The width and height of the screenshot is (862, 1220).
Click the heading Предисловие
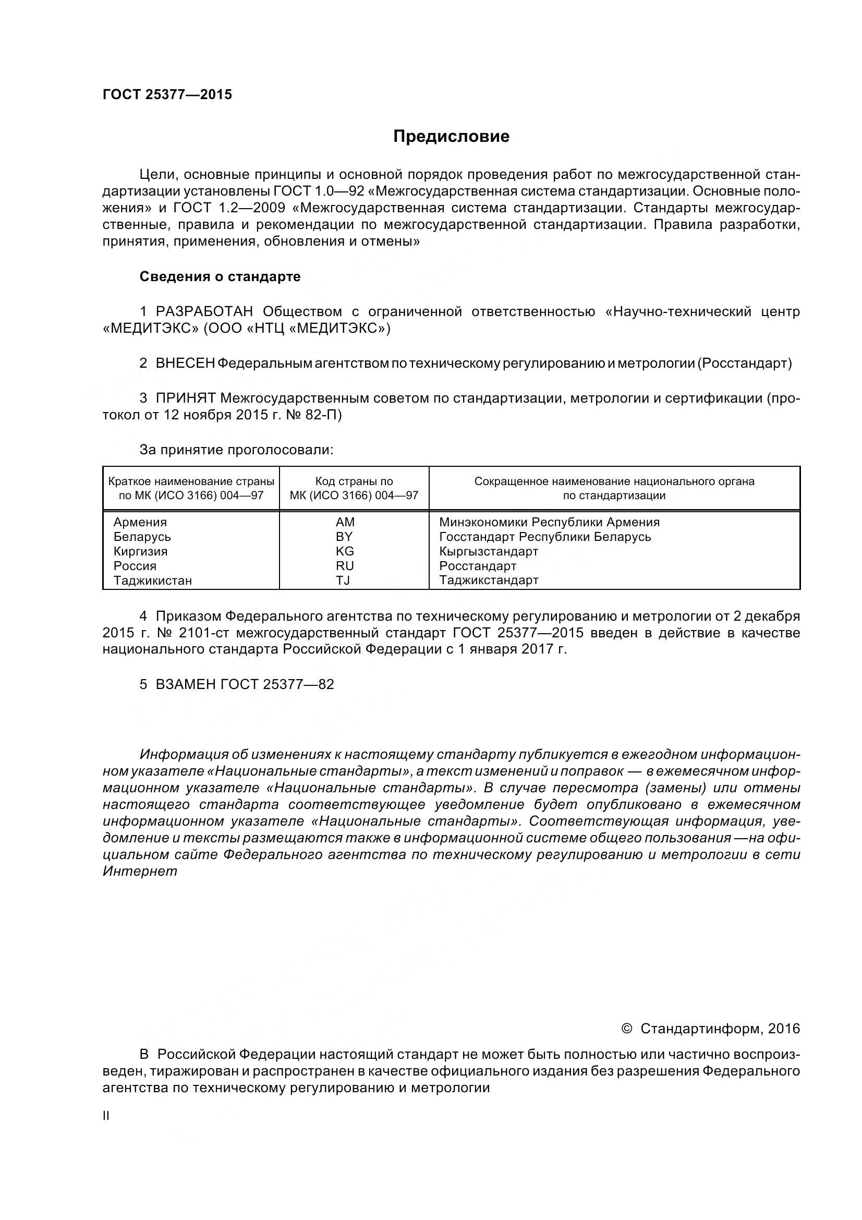coord(451,137)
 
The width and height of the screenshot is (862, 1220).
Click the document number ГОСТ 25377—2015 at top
coord(167,94)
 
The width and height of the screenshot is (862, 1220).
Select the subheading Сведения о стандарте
coord(220,276)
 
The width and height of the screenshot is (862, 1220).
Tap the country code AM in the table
coord(345,522)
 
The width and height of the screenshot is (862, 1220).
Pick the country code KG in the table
coord(345,551)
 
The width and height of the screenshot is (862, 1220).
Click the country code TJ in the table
coord(343,580)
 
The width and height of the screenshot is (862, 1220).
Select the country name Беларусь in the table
coord(142,537)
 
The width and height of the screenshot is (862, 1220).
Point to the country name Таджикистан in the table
coord(153,580)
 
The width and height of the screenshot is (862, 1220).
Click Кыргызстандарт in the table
coord(489,551)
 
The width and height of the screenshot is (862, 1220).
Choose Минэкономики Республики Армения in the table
coord(549,522)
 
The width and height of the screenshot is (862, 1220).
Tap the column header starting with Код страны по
coord(354,481)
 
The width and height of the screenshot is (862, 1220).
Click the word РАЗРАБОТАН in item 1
coord(204,311)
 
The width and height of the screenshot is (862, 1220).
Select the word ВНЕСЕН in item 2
coord(185,364)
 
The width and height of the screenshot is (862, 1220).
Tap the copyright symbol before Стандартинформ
coord(627,1029)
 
